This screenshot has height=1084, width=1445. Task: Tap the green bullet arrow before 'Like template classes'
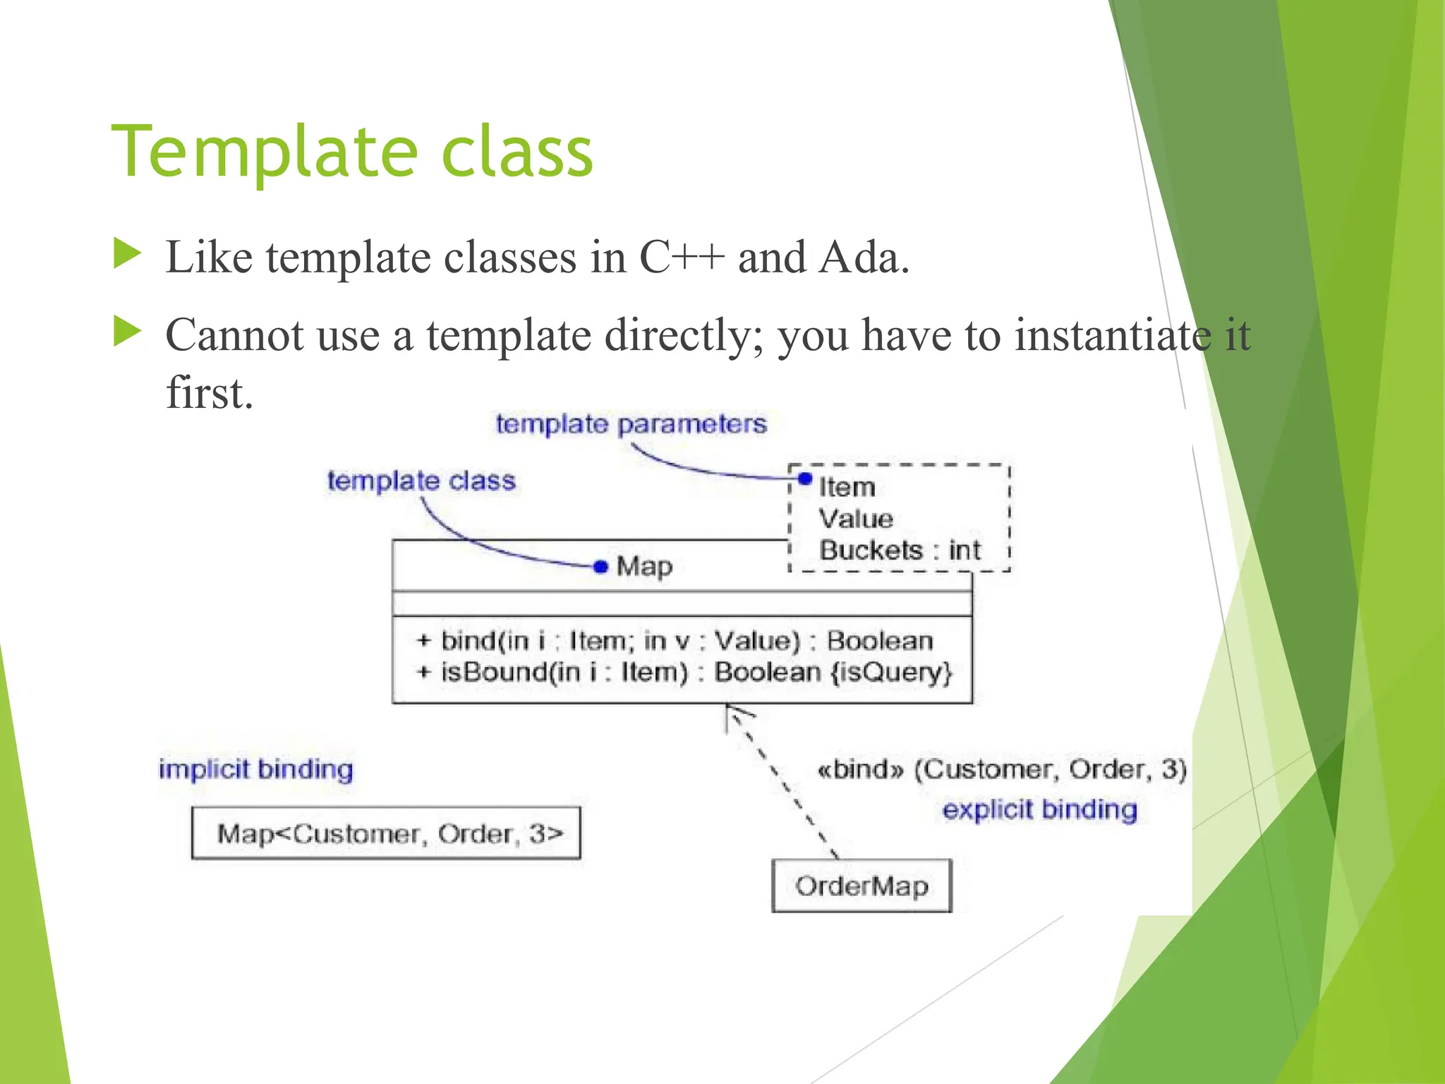point(127,254)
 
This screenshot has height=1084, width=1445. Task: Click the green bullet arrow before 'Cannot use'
point(127,332)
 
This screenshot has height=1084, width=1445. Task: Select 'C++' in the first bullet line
point(682,257)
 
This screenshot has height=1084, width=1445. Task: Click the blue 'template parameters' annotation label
point(631,424)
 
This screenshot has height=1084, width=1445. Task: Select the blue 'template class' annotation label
point(421,481)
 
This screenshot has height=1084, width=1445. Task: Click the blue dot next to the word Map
point(600,567)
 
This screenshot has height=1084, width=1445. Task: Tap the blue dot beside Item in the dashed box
point(805,479)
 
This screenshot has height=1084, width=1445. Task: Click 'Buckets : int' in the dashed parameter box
point(900,550)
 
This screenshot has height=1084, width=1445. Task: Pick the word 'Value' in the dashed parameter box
point(856,519)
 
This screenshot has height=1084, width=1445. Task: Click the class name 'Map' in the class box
point(644,567)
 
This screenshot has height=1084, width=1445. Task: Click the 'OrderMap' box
point(861,886)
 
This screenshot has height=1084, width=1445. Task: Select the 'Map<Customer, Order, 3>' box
point(386,833)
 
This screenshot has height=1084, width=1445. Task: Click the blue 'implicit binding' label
point(255,769)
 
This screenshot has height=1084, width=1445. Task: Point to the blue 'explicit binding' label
point(1039,809)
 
